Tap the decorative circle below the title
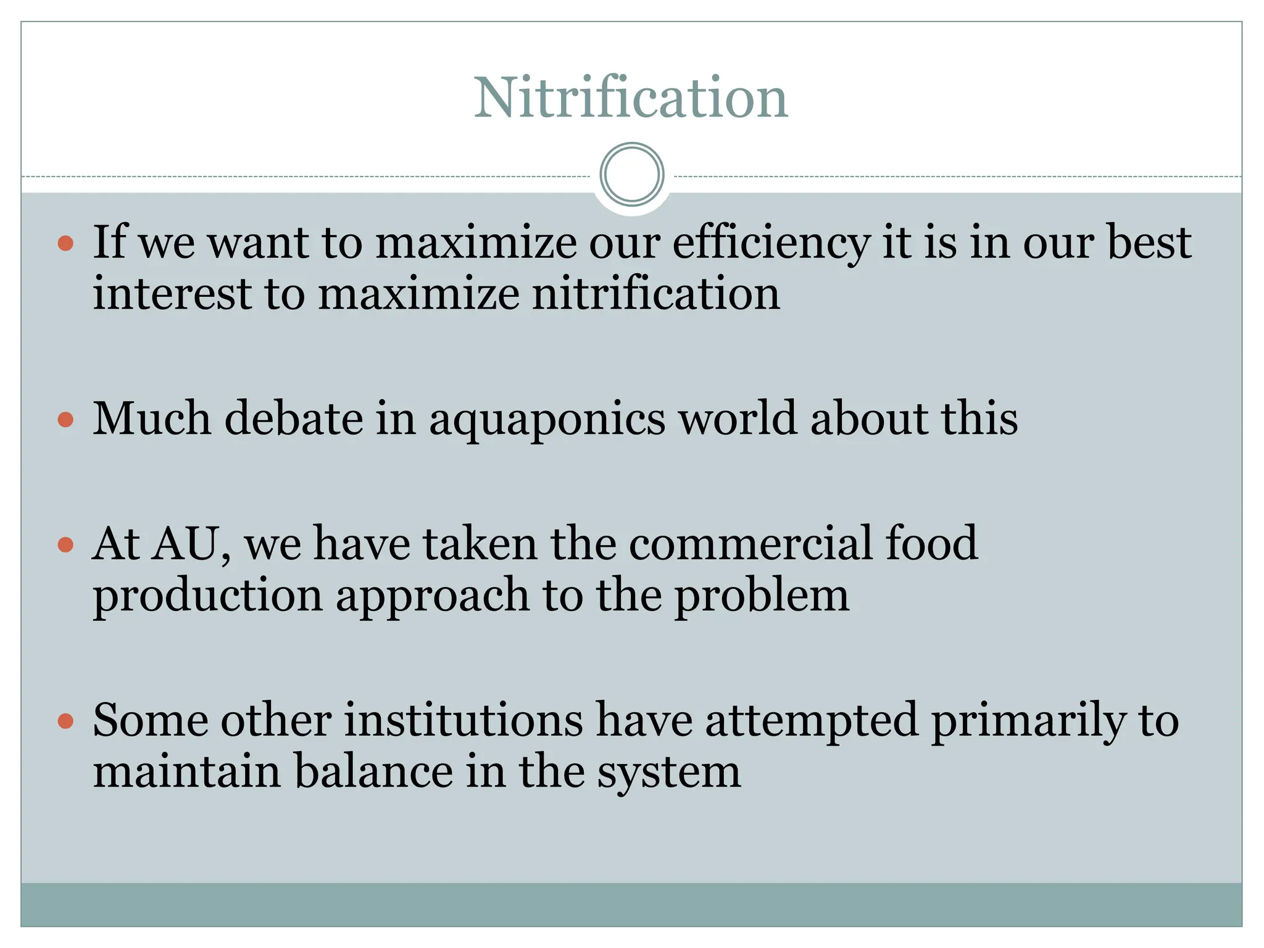click(x=631, y=174)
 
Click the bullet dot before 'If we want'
click(x=65, y=243)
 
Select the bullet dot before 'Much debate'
click(x=65, y=420)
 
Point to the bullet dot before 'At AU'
click(x=65, y=544)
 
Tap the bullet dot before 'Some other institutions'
click(x=65, y=721)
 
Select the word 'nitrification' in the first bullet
click(x=655, y=294)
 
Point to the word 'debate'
click(x=293, y=419)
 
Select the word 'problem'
click(x=762, y=596)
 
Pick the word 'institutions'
click(x=463, y=720)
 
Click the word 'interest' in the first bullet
click(x=172, y=294)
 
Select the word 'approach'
click(x=433, y=596)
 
